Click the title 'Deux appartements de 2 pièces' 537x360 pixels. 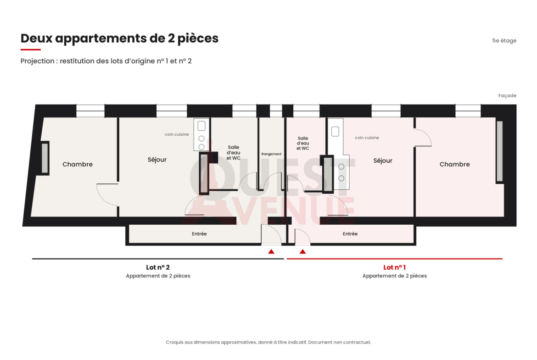(119, 39)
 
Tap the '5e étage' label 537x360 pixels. (504, 41)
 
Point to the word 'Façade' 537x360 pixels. (507, 96)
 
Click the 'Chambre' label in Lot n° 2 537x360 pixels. (78, 164)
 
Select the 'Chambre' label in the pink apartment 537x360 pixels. (454, 164)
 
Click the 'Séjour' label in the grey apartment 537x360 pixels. (157, 160)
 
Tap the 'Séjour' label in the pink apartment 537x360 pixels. (382, 161)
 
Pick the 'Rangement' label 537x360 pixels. (271, 154)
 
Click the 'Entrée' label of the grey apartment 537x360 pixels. (199, 234)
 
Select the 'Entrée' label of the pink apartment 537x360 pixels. (350, 234)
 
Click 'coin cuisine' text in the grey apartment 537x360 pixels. (177, 134)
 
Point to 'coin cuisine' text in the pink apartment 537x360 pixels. (367, 138)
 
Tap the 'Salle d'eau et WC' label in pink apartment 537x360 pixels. (303, 144)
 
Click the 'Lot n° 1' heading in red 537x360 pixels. (395, 267)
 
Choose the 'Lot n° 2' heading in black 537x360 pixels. (158, 267)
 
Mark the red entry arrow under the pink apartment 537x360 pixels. (302, 251)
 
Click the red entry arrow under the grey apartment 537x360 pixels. (271, 251)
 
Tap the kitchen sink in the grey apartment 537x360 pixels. (201, 126)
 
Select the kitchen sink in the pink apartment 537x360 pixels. (336, 132)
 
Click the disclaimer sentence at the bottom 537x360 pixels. (268, 342)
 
